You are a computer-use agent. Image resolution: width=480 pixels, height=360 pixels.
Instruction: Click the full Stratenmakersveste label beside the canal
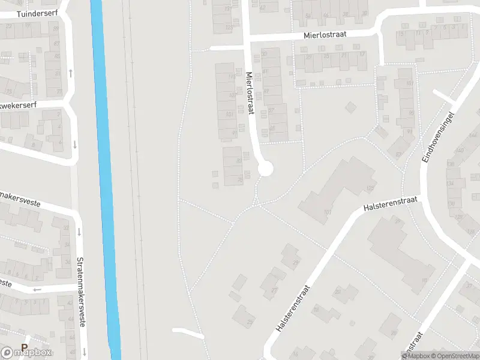point(80,293)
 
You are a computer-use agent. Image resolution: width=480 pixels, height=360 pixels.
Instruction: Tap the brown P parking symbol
point(25,347)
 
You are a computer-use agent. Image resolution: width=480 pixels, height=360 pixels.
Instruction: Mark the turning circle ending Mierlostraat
point(265,169)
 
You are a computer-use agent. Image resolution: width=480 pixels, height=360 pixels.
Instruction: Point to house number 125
point(370,188)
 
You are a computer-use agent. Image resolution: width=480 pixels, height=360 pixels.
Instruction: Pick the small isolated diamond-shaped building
point(350,108)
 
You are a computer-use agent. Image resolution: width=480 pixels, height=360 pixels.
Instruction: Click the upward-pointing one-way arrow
point(71,73)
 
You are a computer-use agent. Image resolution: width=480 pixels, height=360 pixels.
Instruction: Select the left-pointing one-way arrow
point(37,290)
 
